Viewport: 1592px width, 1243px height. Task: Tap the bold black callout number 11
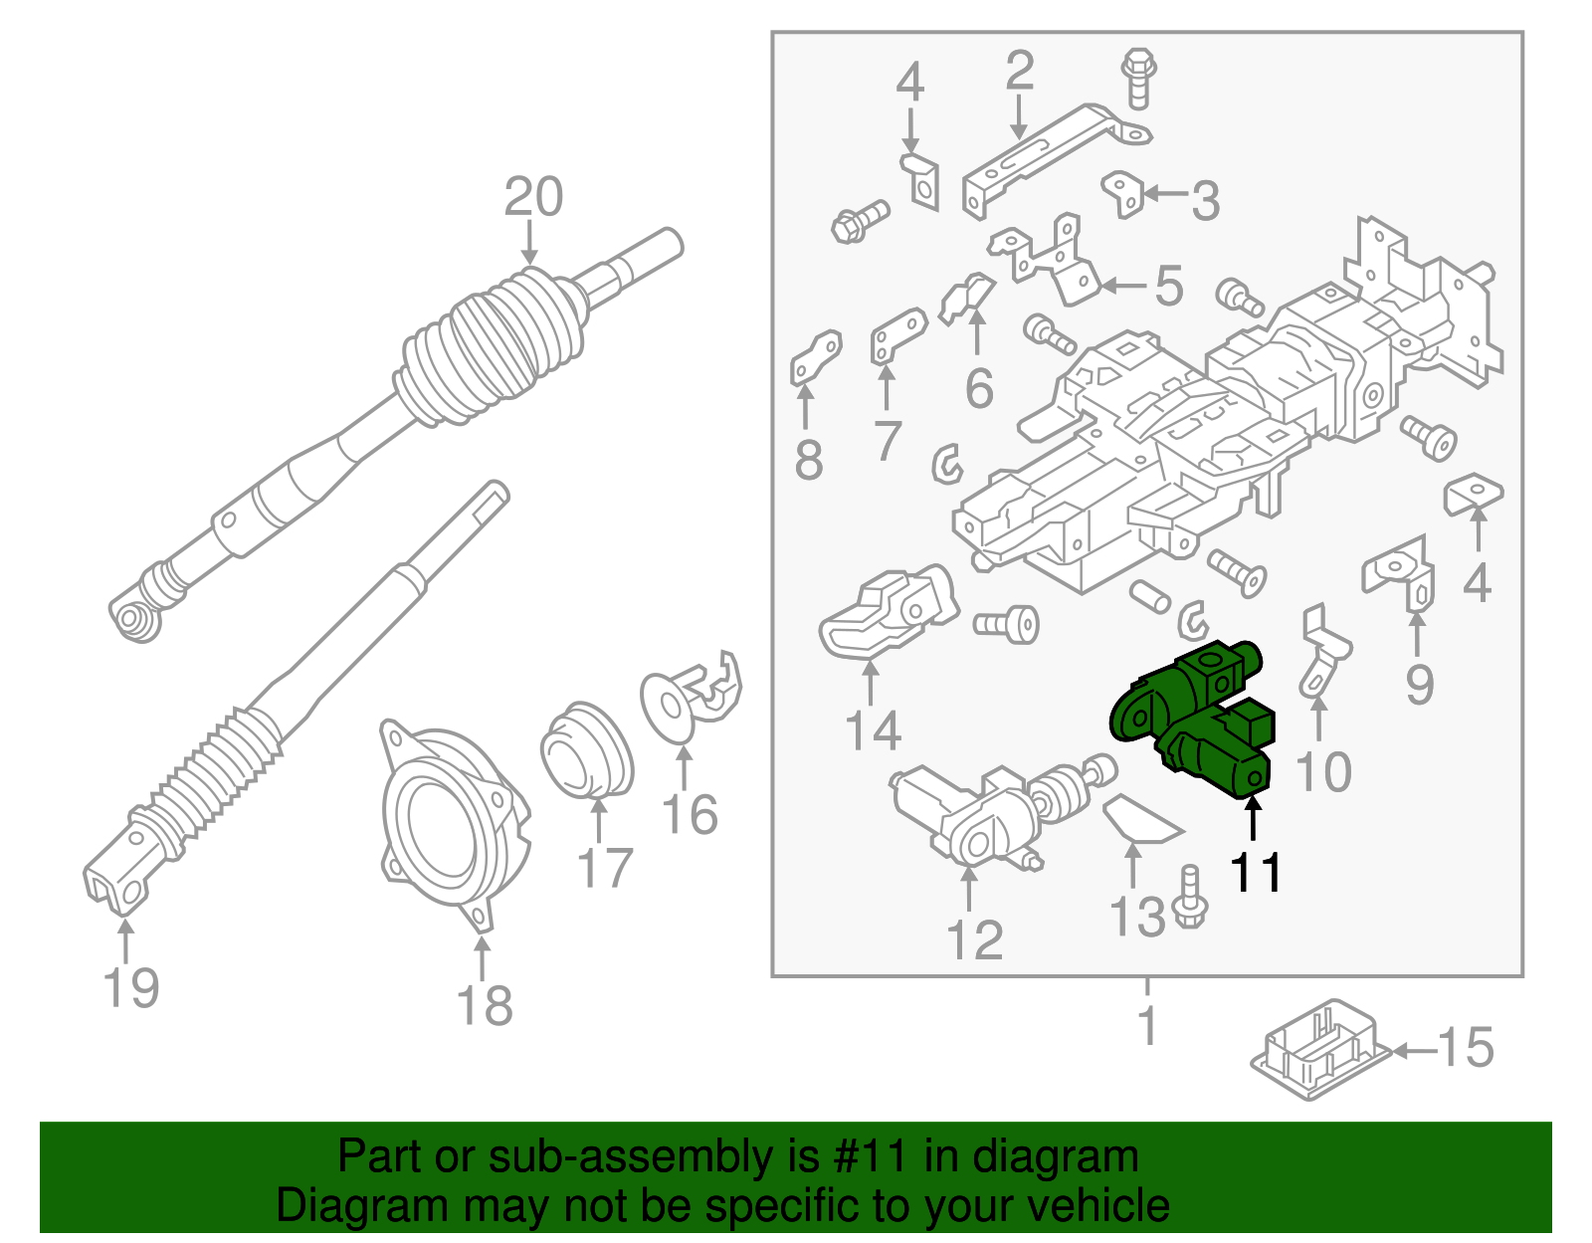coord(1256,872)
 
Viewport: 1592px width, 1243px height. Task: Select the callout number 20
coord(533,197)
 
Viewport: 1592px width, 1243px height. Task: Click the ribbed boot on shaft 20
coord(493,343)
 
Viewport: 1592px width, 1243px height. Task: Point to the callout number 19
coord(130,987)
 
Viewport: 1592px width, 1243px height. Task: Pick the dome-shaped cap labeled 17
coord(586,751)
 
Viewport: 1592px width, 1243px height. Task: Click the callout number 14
coord(873,730)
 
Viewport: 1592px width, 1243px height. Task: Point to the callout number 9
coord(1419,684)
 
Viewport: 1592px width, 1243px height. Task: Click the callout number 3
coord(1206,201)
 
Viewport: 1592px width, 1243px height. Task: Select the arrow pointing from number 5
coord(1125,286)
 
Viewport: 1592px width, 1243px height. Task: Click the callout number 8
coord(808,460)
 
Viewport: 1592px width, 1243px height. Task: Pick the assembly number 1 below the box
coord(1147,1025)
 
